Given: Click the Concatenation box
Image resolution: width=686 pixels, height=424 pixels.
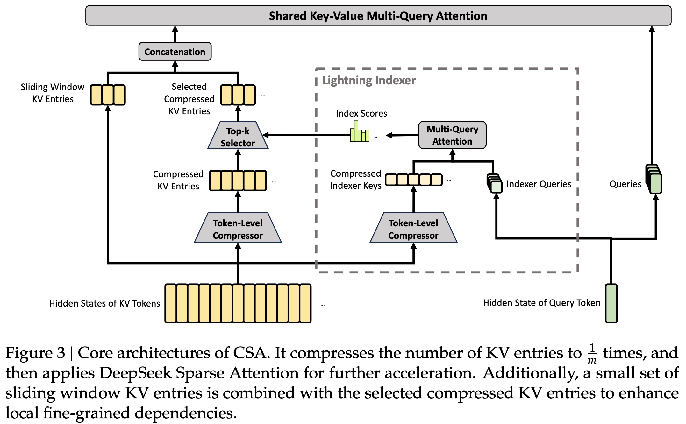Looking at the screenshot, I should click(x=175, y=52).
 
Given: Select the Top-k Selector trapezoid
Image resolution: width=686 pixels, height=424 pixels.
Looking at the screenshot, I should click(x=238, y=136).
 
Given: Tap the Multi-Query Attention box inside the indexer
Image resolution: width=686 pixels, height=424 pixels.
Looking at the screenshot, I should click(x=452, y=135).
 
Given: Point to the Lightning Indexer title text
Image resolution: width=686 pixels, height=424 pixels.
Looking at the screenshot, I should click(x=369, y=80).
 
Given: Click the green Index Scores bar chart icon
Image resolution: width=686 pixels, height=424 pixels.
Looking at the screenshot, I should click(x=360, y=132).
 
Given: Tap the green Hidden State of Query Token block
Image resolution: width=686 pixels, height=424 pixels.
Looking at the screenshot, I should click(x=611, y=303).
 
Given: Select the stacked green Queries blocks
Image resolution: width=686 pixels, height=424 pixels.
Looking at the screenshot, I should click(x=654, y=179).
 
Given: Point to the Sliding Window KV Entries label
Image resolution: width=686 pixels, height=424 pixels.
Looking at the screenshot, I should click(x=53, y=93).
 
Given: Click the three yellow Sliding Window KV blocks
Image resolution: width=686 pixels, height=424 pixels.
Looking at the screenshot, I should click(x=108, y=95).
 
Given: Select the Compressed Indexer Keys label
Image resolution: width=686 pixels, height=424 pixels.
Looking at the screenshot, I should click(x=355, y=180).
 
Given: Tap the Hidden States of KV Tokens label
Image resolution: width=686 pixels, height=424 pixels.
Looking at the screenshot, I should click(x=104, y=303).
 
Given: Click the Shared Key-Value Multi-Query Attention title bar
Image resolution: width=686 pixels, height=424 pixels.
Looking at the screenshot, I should click(x=378, y=16).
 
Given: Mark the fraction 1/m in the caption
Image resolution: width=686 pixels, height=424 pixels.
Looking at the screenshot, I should click(x=592, y=353).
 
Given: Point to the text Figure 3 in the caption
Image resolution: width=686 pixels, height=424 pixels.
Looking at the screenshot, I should click(x=35, y=353).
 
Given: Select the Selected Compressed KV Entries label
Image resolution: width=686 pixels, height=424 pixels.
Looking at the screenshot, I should click(x=189, y=99).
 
